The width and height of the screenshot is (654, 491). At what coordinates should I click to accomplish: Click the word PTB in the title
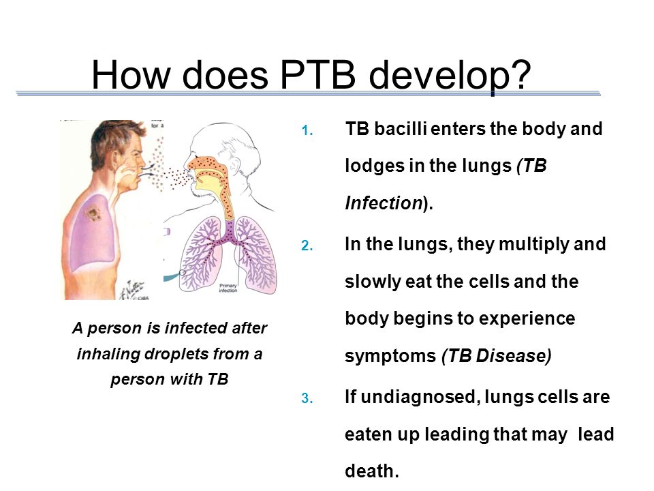[x=318, y=75]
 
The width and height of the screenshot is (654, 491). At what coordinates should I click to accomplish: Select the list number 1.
[x=307, y=131]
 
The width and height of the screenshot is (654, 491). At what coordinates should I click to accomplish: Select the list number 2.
[x=307, y=245]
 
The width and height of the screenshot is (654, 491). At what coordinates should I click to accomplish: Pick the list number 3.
[x=307, y=398]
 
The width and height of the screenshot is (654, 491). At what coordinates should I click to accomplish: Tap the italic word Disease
[x=514, y=356]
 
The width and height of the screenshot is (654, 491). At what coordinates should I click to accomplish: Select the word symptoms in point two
[x=390, y=357]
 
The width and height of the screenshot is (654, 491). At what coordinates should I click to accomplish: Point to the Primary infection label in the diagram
[x=228, y=288]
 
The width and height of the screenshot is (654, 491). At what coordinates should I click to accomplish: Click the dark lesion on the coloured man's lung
[x=93, y=213]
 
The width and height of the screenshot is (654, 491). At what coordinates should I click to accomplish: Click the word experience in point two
[x=527, y=319]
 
